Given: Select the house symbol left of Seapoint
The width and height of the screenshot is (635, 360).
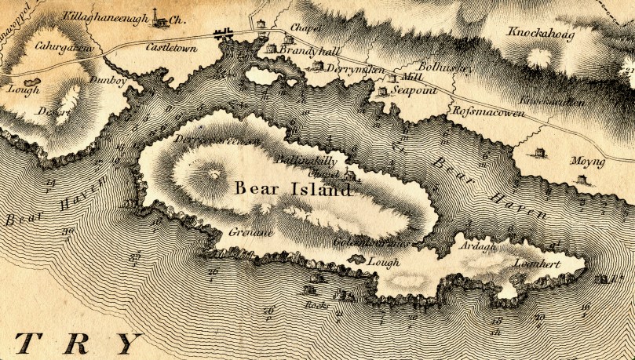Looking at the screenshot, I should pyautogui.click(x=383, y=92).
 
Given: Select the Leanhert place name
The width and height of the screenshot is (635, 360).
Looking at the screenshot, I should pyautogui.click(x=537, y=264).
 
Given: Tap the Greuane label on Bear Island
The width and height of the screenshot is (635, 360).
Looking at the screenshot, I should pyautogui.click(x=249, y=233).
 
